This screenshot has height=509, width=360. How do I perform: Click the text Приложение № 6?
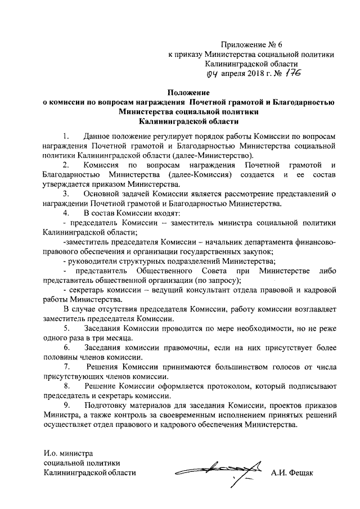[x=249, y=44]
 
